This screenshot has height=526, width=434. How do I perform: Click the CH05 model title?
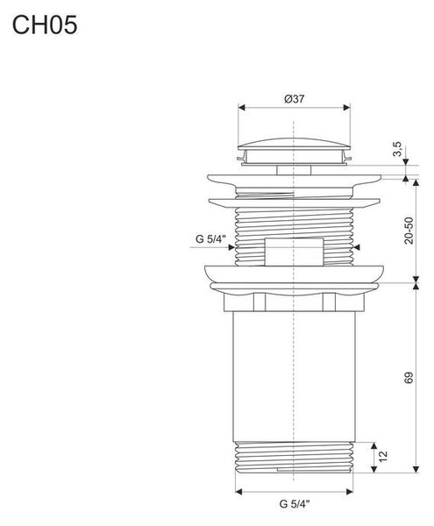tap(45, 25)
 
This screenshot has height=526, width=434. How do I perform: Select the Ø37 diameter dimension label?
tap(294, 99)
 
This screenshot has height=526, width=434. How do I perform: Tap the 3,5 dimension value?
tap(397, 149)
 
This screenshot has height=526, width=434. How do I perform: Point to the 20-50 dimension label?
tap(409, 231)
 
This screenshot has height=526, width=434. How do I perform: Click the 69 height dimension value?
tap(409, 378)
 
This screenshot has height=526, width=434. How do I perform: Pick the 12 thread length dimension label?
tap(383, 456)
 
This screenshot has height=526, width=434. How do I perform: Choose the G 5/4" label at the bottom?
tap(295, 504)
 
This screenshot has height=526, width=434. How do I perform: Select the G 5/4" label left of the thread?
tap(210, 239)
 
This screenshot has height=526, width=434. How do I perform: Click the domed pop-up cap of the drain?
tap(294, 144)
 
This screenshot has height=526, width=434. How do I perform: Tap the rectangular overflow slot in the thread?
tap(294, 252)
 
